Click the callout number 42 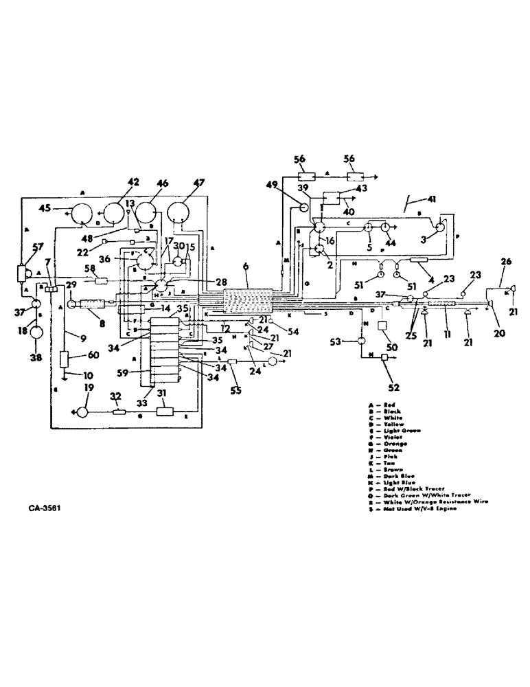tap(132, 182)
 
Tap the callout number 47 tap(181, 183)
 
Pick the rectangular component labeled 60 tap(64, 359)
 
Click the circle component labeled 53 tap(359, 341)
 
